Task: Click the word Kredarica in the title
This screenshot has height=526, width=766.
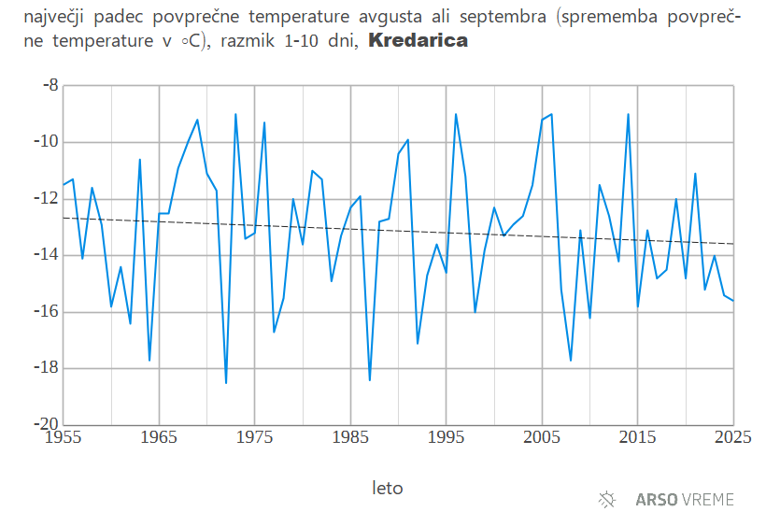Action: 418,42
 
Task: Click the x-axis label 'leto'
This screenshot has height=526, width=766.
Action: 388,488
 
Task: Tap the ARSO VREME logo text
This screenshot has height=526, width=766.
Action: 685,500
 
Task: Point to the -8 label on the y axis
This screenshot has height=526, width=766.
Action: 50,86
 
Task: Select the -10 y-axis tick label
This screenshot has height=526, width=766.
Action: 46,142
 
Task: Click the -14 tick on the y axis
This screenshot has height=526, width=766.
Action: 46,255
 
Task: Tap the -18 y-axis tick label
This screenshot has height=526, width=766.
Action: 46,368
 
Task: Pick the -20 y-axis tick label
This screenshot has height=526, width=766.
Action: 46,424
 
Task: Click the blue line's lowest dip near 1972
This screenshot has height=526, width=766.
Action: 226,382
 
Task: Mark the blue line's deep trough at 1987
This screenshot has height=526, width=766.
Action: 370,379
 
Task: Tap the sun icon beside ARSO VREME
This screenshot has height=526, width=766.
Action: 607,500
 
